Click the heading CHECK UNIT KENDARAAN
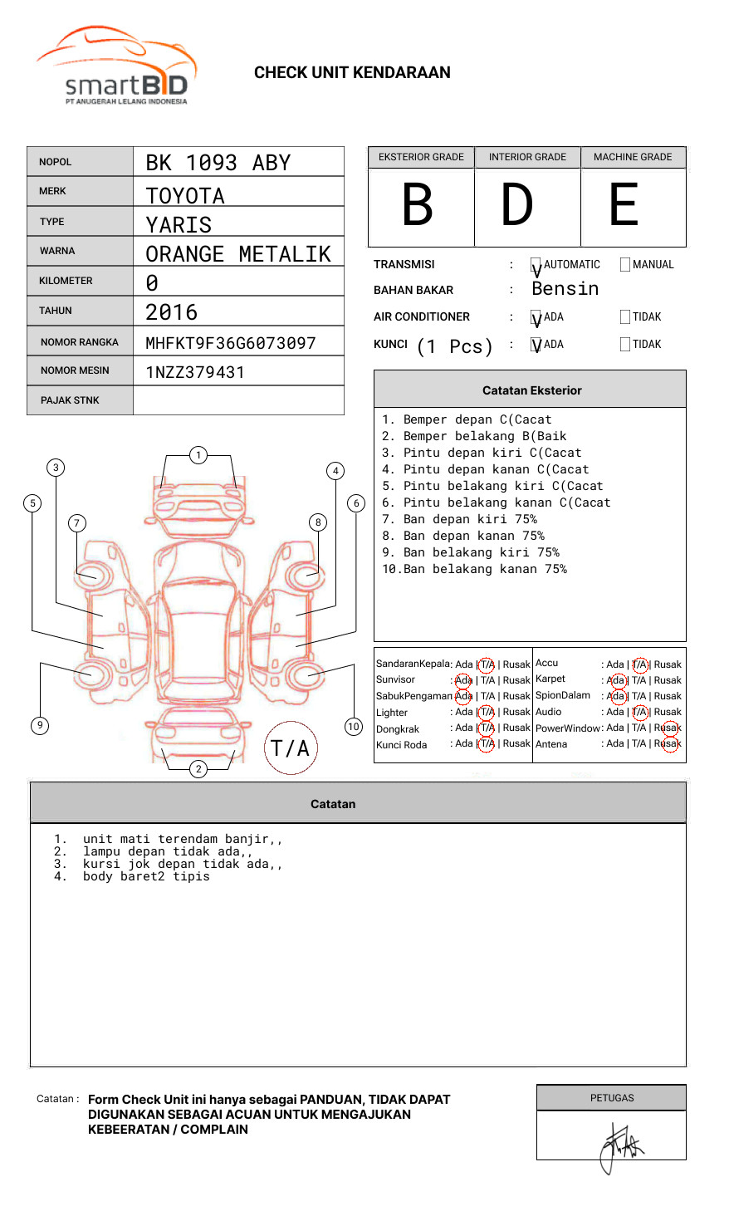coord(352,73)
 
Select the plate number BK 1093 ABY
coord(218,163)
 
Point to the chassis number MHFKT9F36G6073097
coord(231,343)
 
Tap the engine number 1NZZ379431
coord(195,372)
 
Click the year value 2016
coord(172,312)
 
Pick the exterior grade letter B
coord(418,205)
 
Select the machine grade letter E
coord(624,205)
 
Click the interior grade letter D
coord(517,205)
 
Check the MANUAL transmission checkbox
coord(625,265)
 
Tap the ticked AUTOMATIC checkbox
coord(536,266)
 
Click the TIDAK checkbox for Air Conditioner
coord(625,317)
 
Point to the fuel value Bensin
coord(565,289)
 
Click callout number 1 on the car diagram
coord(198,455)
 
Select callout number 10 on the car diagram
coord(354,727)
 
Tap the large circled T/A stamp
coord(291,748)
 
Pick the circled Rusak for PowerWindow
coord(668,728)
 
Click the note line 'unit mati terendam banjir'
coord(183,839)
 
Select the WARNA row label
coord(57,251)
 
